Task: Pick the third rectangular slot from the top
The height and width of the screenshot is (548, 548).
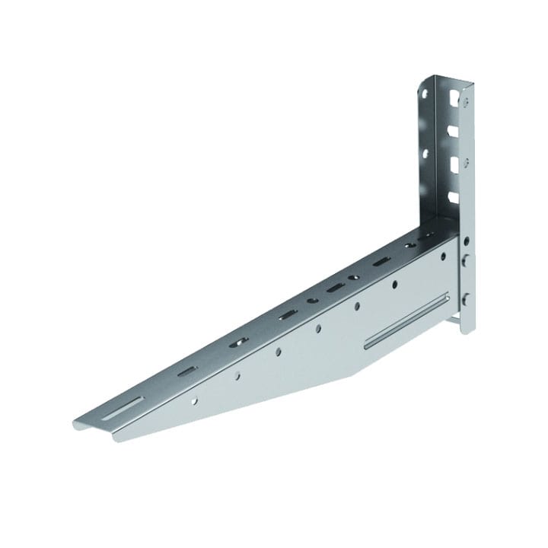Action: [454, 164]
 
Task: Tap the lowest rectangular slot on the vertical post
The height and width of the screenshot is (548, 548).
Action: [454, 197]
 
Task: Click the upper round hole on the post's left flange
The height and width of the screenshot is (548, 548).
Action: [424, 94]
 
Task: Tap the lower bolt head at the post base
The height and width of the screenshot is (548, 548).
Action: [466, 298]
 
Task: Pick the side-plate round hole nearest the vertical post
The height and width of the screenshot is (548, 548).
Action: [443, 256]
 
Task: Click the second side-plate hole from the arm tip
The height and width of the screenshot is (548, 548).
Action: [237, 374]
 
